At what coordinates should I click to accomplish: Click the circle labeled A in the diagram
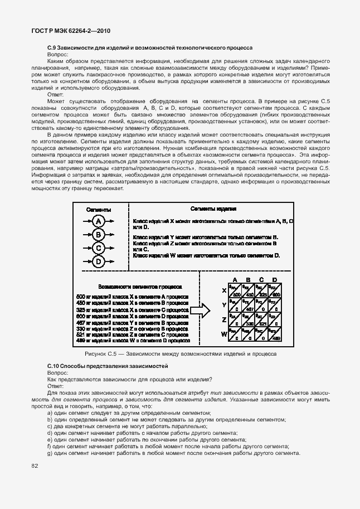(98, 221)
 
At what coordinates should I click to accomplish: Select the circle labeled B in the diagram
(98, 235)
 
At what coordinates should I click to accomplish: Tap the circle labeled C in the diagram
(98, 248)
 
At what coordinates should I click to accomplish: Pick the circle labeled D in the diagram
(98, 261)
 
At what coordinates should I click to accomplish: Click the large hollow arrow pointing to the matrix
(200, 309)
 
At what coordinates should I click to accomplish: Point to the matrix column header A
(235, 280)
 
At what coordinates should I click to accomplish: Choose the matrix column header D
(275, 280)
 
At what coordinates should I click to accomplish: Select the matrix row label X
(224, 291)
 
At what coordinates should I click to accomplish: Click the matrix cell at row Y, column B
(249, 305)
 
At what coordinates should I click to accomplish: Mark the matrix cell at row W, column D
(275, 335)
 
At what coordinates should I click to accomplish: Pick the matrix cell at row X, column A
(235, 291)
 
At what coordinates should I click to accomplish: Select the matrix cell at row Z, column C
(262, 319)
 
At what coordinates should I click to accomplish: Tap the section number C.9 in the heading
(53, 49)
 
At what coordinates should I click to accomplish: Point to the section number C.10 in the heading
(54, 365)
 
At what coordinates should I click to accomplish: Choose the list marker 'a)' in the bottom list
(50, 413)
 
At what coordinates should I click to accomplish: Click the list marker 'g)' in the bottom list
(50, 453)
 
